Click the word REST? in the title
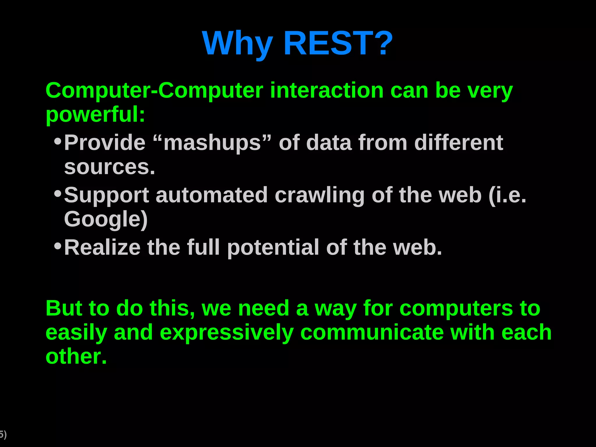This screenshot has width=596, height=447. click(x=338, y=44)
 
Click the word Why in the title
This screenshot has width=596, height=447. click(x=238, y=44)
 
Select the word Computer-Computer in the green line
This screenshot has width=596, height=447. click(x=154, y=91)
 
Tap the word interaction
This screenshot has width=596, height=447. click(x=327, y=91)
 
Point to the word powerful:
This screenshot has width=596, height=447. click(x=95, y=115)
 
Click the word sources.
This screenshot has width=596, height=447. click(x=109, y=167)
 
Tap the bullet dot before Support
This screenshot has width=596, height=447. click(x=58, y=194)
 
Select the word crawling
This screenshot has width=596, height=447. click(x=320, y=196)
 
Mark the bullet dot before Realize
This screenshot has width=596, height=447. click(x=58, y=246)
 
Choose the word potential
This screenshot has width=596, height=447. click(x=273, y=248)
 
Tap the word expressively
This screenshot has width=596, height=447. click(x=227, y=333)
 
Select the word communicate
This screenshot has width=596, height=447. click(x=372, y=332)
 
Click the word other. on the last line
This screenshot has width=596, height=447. click(x=76, y=356)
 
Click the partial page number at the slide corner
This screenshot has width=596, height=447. click(x=3, y=435)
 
